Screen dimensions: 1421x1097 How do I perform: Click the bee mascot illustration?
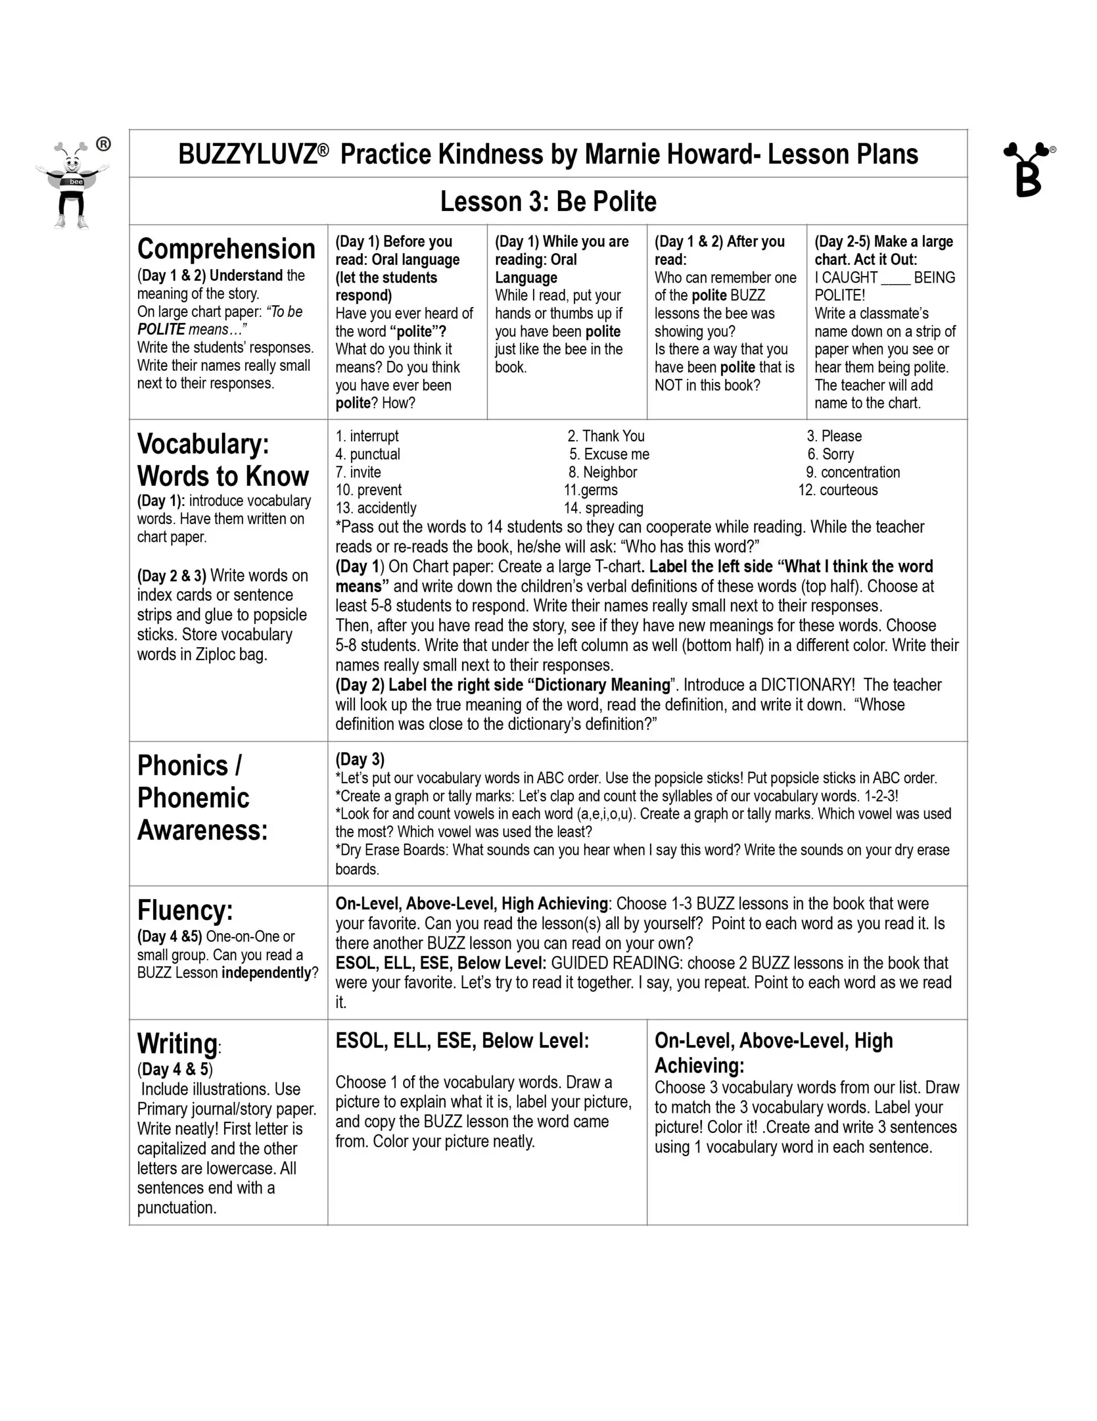72,185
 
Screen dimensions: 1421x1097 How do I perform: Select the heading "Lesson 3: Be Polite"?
548,201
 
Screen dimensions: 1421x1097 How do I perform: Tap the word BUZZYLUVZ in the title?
247,155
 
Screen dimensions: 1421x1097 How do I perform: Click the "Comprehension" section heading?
226,249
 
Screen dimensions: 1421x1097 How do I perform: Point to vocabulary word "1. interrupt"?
367,436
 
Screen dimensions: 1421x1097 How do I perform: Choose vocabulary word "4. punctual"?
367,454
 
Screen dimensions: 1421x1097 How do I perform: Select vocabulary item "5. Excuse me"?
608,454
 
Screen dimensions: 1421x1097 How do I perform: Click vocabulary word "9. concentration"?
852,472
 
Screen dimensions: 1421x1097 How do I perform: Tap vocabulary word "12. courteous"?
837,490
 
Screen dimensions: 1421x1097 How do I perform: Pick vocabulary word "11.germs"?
591,490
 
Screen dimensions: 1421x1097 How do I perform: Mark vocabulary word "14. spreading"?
603,508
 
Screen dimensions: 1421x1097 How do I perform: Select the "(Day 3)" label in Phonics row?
359,759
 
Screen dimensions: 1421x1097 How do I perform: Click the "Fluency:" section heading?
185,910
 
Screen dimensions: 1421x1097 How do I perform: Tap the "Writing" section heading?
177,1044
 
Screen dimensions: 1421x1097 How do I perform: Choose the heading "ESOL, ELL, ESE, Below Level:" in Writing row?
461,1041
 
